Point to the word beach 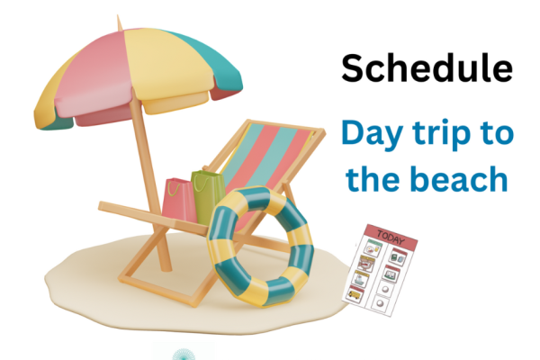tap(469, 180)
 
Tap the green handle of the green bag tap(210, 174)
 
